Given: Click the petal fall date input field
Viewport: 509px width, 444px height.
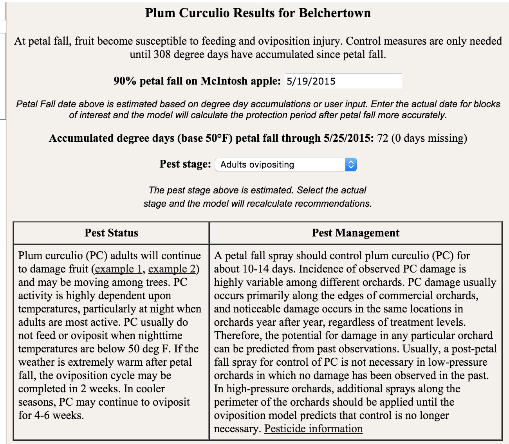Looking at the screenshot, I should click(x=343, y=81).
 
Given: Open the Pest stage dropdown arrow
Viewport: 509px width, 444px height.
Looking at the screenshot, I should click(x=351, y=164).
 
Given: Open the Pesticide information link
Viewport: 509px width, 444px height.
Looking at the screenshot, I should click(x=313, y=429).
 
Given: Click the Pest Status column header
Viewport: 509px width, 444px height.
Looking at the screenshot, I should click(x=111, y=233).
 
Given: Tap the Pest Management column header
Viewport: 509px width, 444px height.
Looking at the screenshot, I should click(x=356, y=233).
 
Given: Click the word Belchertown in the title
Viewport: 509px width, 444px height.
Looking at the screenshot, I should click(x=335, y=13).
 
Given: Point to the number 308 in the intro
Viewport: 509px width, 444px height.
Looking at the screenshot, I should click(x=162, y=54).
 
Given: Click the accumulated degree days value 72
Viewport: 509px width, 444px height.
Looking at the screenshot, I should click(x=383, y=138).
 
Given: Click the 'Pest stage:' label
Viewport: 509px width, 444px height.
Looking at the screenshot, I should click(x=185, y=164).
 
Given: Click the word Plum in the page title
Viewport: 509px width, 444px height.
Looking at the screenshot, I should click(x=161, y=13).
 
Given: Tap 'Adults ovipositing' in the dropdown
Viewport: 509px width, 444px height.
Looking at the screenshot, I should click(x=257, y=164).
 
